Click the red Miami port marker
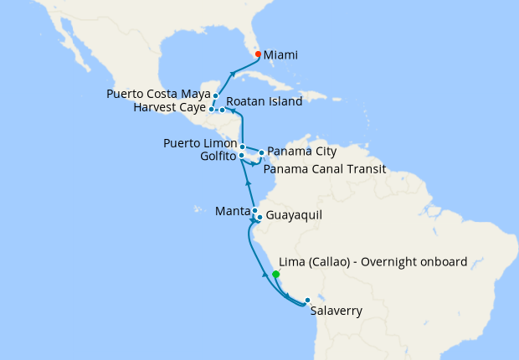click(258, 54)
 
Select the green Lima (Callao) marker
click(275, 274)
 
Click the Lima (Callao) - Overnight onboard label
click(372, 262)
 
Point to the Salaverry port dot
click(307, 300)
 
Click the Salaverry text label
click(336, 311)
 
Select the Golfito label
click(218, 157)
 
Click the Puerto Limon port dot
click(242, 147)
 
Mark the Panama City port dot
click(261, 152)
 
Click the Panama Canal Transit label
click(324, 169)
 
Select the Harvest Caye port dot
click(212, 109)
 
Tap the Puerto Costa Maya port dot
click(216, 95)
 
